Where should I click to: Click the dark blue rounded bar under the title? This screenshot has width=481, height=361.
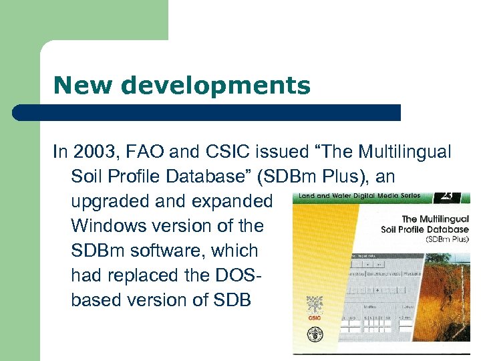tap(207, 112)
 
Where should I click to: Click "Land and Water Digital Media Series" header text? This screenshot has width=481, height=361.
tap(359, 196)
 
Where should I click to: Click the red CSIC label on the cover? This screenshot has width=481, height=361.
tap(314, 318)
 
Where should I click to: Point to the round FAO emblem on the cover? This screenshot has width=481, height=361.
tap(313, 334)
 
